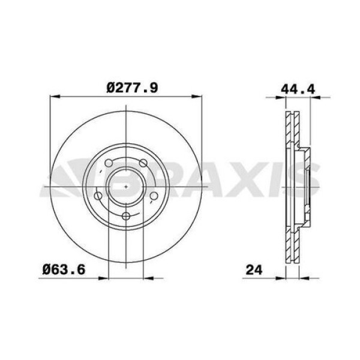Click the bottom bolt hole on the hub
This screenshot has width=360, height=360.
tap(126, 217)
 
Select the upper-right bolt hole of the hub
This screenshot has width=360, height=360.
tap(143, 163)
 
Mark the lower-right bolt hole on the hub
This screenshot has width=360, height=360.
tap(154, 196)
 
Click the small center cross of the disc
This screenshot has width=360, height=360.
tap(125, 187)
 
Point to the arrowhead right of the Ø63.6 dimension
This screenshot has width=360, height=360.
tap(150, 278)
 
